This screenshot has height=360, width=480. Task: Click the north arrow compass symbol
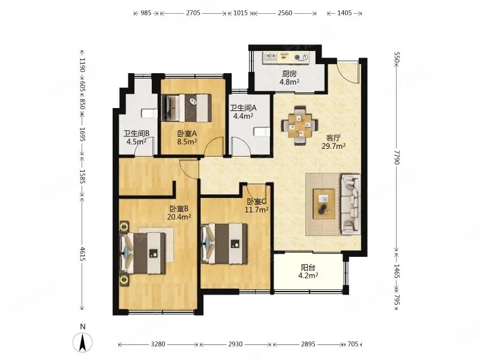(x=82, y=342)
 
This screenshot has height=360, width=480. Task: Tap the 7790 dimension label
(x=397, y=157)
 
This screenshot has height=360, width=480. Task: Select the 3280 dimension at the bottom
(x=158, y=344)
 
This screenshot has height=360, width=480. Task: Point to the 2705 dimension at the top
(x=193, y=13)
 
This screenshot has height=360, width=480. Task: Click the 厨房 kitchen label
(x=289, y=74)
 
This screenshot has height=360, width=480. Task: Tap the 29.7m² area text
(x=334, y=146)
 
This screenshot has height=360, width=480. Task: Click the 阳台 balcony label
(x=308, y=268)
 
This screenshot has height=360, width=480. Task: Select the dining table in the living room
(x=299, y=125)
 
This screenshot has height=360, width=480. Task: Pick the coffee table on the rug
(x=324, y=204)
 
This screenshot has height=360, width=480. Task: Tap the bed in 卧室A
(x=187, y=108)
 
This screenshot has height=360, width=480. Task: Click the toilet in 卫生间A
(x=262, y=131)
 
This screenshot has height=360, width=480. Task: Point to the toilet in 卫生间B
(x=149, y=113)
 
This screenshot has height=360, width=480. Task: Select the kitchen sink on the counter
(x=271, y=57)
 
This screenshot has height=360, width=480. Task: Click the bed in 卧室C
(x=224, y=244)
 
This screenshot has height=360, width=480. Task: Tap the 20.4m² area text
(x=179, y=217)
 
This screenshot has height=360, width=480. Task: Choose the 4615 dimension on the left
(x=82, y=254)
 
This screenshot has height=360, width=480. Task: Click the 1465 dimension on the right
(x=397, y=271)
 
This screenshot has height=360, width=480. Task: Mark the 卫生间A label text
(x=244, y=108)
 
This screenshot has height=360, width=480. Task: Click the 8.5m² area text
(x=187, y=142)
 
